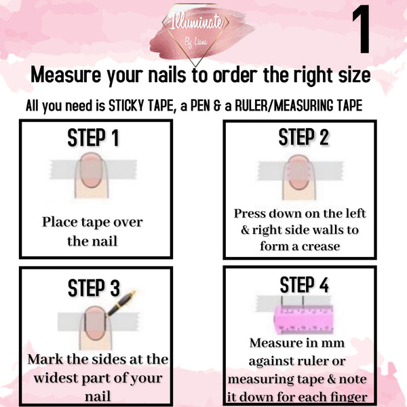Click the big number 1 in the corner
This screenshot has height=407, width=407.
[x=362, y=29]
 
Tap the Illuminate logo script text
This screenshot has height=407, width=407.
[x=197, y=22]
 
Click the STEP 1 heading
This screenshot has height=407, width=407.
[x=93, y=138]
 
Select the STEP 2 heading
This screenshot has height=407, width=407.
[x=304, y=137]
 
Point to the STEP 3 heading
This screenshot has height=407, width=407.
[x=94, y=288]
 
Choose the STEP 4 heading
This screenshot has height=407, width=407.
[x=304, y=285]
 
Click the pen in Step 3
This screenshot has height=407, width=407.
[x=121, y=303]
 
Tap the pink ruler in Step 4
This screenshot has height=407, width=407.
[x=304, y=319]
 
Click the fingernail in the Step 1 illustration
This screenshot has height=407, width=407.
[x=91, y=170]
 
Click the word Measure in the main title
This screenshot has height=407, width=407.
[x=66, y=75]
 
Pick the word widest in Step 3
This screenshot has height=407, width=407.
[x=56, y=378]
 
